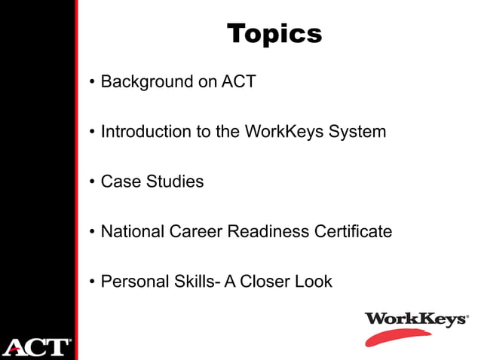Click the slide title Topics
pos(274,33)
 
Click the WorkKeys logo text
pos(415,319)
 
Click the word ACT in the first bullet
pos(239,81)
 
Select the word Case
pos(119,182)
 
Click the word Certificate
pos(354,231)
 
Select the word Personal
pos(132,282)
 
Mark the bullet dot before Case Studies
pos(92,182)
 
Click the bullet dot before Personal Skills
pos(92,282)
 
